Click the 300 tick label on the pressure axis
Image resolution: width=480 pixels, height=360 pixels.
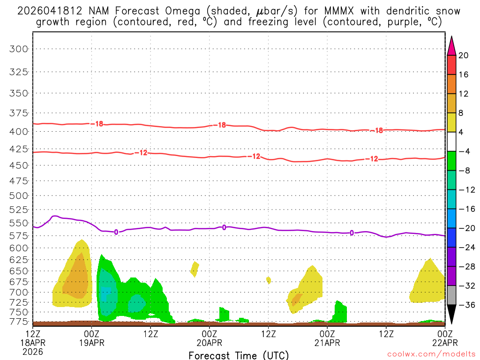pyautogui.click(x=19, y=49)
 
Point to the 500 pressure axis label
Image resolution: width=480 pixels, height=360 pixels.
pyautogui.click(x=19, y=195)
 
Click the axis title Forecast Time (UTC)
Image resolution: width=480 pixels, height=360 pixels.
pyautogui.click(x=239, y=355)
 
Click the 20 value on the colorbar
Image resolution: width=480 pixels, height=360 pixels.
pyautogui.click(x=464, y=55)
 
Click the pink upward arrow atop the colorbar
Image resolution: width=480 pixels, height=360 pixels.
pyautogui.click(x=452, y=45)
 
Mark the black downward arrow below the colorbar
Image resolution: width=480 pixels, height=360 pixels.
pyautogui.click(x=452, y=314)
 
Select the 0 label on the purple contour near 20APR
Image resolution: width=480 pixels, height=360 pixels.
pyautogui.click(x=224, y=227)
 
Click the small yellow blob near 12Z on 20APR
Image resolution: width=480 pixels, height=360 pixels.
pyautogui.click(x=269, y=280)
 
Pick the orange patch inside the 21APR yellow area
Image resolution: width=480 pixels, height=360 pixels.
pyautogui.click(x=297, y=299)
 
